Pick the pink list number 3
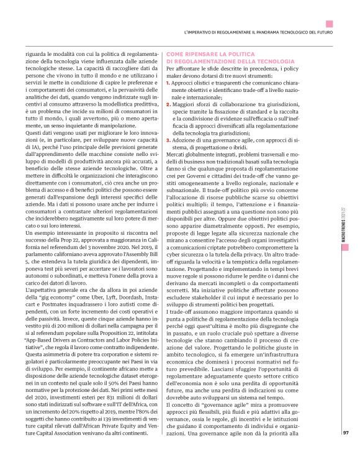(169, 141)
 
